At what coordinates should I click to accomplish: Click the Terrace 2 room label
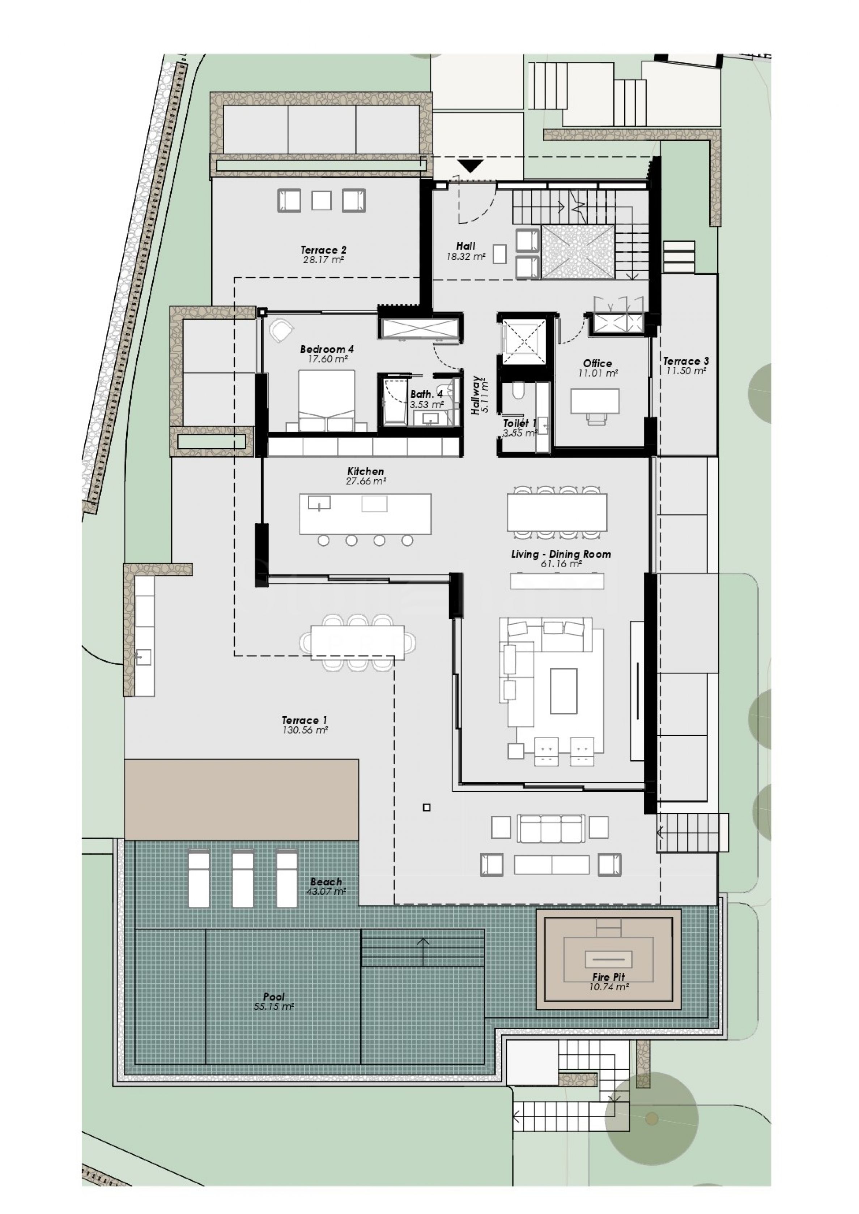click(x=324, y=250)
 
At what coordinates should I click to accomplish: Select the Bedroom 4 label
click(x=327, y=349)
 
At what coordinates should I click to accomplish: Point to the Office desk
click(x=595, y=401)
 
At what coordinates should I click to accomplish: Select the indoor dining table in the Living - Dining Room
click(x=557, y=512)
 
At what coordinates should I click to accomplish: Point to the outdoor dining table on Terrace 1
click(x=358, y=642)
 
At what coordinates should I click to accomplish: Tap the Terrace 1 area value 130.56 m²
click(x=305, y=730)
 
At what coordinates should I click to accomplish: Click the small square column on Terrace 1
click(x=427, y=807)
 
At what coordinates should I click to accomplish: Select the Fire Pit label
click(x=608, y=977)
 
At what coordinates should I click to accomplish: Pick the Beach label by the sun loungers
click(x=326, y=881)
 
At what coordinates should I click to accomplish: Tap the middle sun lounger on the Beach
click(x=243, y=880)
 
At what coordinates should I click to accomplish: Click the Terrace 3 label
click(x=686, y=361)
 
